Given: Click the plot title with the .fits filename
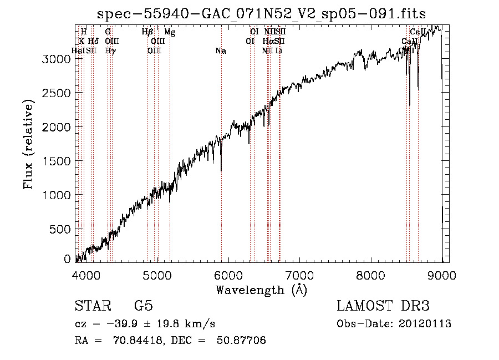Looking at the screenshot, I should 262,14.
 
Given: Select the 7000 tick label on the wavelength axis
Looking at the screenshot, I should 299,274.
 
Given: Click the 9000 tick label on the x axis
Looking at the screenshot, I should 442,274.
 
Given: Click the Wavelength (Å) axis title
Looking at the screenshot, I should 261,290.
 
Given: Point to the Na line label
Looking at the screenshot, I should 221,51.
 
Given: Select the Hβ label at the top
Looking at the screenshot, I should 147,32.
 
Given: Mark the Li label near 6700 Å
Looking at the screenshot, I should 279,51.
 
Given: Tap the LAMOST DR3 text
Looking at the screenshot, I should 383,306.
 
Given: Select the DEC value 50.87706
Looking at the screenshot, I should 242,341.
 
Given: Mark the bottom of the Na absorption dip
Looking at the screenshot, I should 221,170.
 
